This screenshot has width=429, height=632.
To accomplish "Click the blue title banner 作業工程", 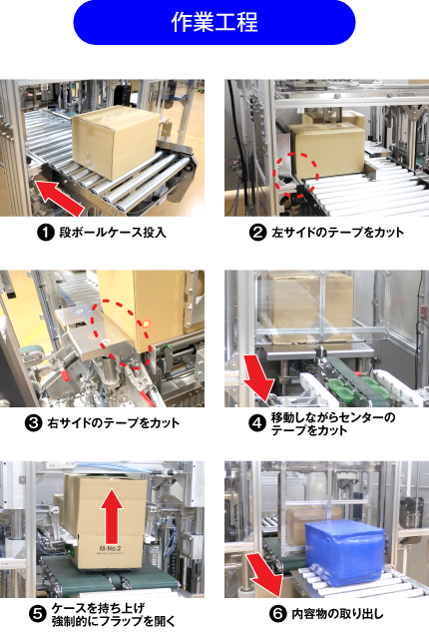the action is pyautogui.click(x=214, y=22).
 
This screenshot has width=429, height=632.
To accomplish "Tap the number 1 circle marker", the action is pyautogui.click(x=46, y=233).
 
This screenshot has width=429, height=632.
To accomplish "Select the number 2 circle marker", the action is pyautogui.click(x=257, y=233).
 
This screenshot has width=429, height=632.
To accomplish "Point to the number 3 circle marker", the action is pyautogui.click(x=34, y=423).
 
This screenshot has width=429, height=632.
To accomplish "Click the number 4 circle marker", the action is pyautogui.click(x=256, y=423).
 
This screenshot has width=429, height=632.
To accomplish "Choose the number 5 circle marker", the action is pyautogui.click(x=38, y=614).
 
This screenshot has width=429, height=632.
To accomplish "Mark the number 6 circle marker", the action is pyautogui.click(x=277, y=614).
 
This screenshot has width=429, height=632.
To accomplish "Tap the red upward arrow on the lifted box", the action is pyautogui.click(x=112, y=516).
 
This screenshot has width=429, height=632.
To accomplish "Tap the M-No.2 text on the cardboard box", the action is pyautogui.click(x=110, y=548).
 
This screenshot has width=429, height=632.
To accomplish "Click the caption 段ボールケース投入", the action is pyautogui.click(x=113, y=233).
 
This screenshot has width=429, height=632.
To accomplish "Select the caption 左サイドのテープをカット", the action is pyautogui.click(x=337, y=233).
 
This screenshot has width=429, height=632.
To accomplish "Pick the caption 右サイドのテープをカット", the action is pyautogui.click(x=114, y=423).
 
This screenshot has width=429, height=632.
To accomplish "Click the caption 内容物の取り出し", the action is pyautogui.click(x=337, y=614).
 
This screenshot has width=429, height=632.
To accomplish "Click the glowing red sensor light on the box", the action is pyautogui.click(x=146, y=323).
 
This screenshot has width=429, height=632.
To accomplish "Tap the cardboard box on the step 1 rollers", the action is pyautogui.click(x=117, y=142).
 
